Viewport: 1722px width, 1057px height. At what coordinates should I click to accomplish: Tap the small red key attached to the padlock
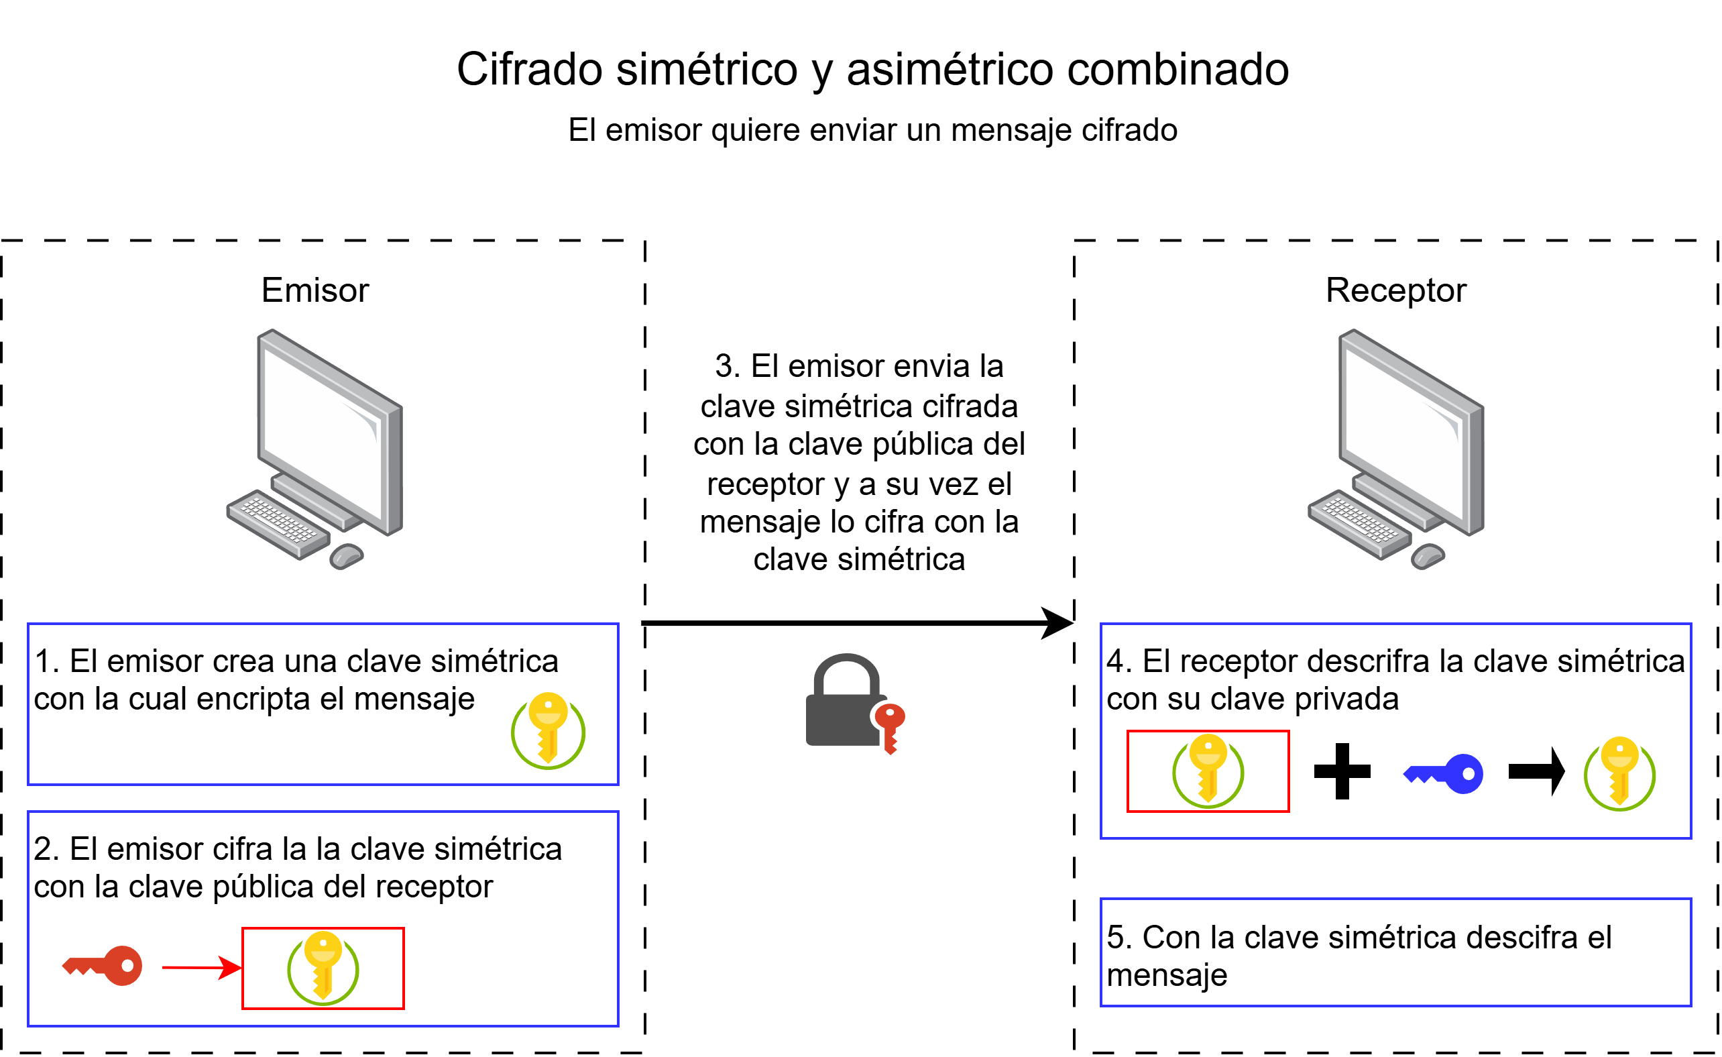coord(890,727)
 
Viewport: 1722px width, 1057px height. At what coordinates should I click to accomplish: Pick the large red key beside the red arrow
coord(103,966)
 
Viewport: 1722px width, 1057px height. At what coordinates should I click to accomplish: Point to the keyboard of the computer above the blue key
coord(1359,523)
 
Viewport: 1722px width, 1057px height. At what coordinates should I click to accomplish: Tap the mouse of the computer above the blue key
coord(1427,556)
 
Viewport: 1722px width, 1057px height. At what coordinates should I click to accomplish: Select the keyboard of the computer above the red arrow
coord(278,523)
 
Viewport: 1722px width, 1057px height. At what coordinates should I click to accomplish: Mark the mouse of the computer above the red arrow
coord(346,556)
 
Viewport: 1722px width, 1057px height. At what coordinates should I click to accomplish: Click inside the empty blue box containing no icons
coord(1395,952)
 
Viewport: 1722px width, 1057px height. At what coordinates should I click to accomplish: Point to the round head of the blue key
coord(1465,774)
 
